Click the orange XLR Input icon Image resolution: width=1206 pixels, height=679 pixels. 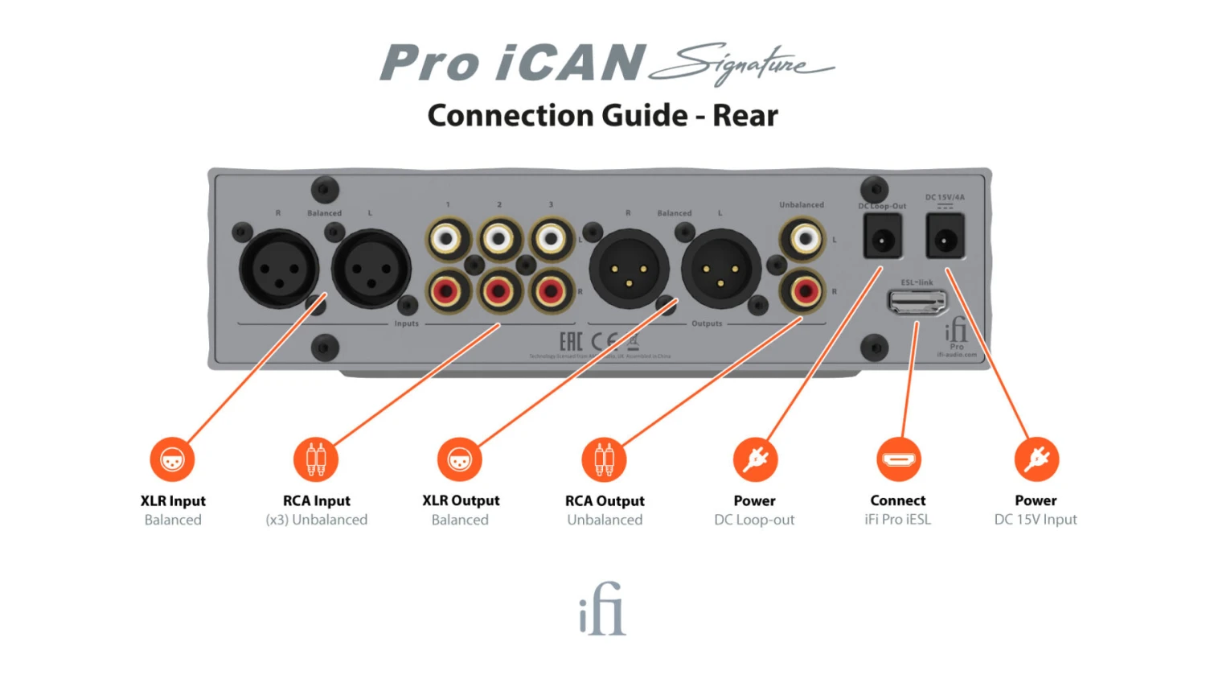(x=172, y=459)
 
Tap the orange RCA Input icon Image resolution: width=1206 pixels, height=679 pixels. (x=316, y=459)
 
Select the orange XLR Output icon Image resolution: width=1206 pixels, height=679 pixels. (x=459, y=459)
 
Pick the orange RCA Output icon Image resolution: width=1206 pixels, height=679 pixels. (x=604, y=459)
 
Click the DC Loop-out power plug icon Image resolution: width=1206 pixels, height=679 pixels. (x=755, y=459)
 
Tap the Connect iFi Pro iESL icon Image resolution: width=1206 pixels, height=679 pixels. (x=898, y=459)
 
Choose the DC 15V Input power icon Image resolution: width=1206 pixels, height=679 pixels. (x=1036, y=459)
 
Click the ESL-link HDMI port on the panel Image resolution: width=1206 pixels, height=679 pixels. (x=917, y=302)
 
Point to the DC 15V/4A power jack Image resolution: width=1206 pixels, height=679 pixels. (x=945, y=237)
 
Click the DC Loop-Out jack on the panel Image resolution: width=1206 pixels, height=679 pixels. (x=883, y=239)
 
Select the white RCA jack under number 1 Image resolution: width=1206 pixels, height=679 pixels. (x=447, y=238)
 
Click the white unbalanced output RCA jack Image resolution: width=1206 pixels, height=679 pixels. (x=804, y=238)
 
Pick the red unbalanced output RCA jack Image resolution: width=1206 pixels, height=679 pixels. (x=804, y=290)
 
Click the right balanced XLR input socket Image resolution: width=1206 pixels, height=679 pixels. (x=279, y=269)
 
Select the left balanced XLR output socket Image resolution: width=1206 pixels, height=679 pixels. (x=721, y=270)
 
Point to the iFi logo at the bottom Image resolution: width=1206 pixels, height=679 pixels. (x=602, y=609)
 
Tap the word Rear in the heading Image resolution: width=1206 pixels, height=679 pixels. (x=745, y=116)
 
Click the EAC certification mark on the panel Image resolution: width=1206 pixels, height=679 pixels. (x=571, y=341)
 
